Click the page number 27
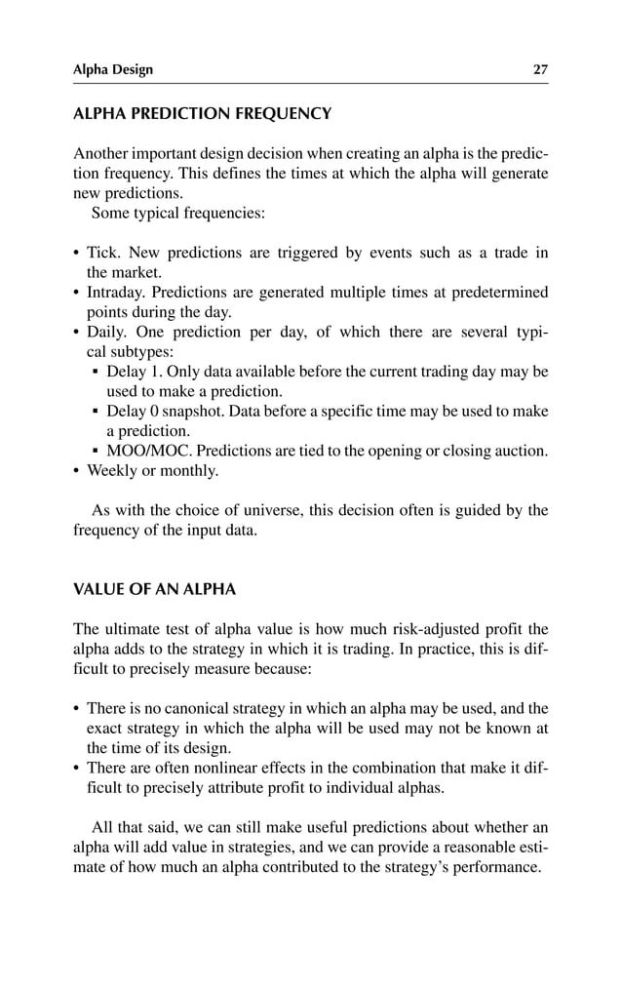pos(540,69)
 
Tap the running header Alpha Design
pos(113,69)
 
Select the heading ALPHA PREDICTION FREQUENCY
pos(203,114)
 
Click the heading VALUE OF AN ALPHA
pos(155,590)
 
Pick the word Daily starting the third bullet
pos(107,333)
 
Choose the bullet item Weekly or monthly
pos(153,471)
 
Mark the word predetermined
pos(498,293)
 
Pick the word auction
pos(521,451)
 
